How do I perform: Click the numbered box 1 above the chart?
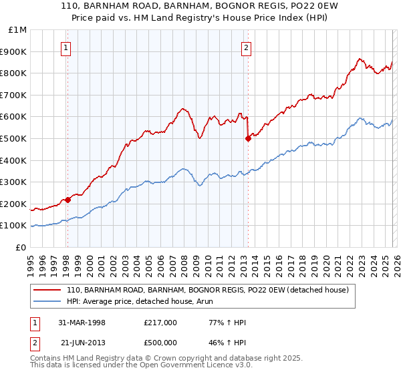click(68, 47)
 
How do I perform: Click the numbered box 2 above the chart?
click(247, 47)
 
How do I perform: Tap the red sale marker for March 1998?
click(68, 200)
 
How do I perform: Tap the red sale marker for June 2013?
click(248, 138)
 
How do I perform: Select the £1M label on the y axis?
click(19, 29)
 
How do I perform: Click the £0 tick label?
click(21, 247)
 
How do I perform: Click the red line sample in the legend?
click(47, 291)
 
